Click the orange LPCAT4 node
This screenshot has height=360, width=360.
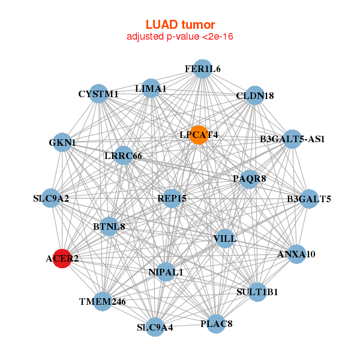click(x=198, y=135)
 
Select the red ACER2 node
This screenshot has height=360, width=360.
click(x=62, y=259)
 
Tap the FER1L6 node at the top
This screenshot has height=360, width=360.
click(x=203, y=69)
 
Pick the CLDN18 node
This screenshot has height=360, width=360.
click(x=255, y=96)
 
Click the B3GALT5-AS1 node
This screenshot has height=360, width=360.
click(x=292, y=139)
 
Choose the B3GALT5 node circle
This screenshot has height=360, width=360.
click(x=308, y=199)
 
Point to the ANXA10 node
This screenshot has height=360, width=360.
click(x=296, y=254)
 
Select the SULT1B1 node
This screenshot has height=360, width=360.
click(x=257, y=292)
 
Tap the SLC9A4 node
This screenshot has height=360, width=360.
click(x=155, y=327)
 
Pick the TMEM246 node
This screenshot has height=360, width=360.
click(x=103, y=301)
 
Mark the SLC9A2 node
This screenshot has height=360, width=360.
click(x=51, y=198)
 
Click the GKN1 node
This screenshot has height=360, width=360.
click(x=62, y=143)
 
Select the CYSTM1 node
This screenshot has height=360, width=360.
click(x=98, y=94)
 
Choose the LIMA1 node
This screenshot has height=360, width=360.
click(x=151, y=88)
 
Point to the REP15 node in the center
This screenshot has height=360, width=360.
click(x=173, y=198)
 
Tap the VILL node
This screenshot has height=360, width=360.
click(x=225, y=238)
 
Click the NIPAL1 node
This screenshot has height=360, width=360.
click(x=166, y=272)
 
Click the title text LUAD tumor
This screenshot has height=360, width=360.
click(x=180, y=25)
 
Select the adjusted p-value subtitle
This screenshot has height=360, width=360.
click(x=180, y=37)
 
